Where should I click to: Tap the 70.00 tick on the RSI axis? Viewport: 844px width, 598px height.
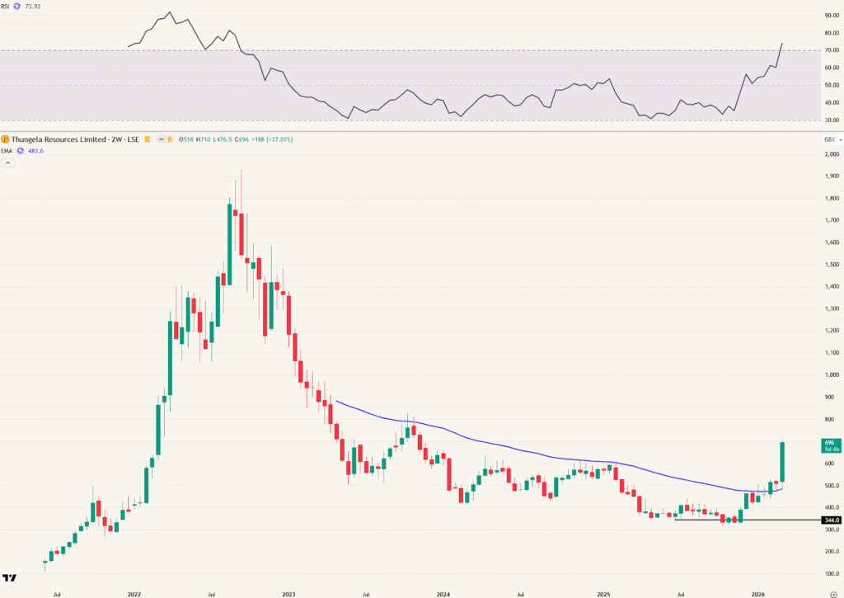pyautogui.click(x=831, y=50)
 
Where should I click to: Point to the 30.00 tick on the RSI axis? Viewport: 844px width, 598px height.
pyautogui.click(x=831, y=120)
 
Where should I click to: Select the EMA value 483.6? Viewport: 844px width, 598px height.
pyautogui.click(x=35, y=150)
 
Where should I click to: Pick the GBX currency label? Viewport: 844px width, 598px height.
pyautogui.click(x=829, y=139)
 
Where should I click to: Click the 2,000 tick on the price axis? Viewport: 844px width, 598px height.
pyautogui.click(x=831, y=154)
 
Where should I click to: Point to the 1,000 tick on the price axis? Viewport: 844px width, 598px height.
pyautogui.click(x=831, y=374)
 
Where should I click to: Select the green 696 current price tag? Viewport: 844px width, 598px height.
pyautogui.click(x=830, y=446)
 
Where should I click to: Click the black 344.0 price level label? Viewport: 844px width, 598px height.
pyautogui.click(x=831, y=520)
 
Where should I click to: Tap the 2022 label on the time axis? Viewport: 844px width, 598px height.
pyautogui.click(x=134, y=593)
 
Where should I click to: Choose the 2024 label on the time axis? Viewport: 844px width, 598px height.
pyautogui.click(x=443, y=593)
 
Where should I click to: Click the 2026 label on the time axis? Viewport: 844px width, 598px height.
pyautogui.click(x=758, y=593)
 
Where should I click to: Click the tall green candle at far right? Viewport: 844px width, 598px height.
pyautogui.click(x=781, y=462)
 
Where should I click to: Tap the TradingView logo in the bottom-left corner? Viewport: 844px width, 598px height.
pyautogui.click(x=10, y=579)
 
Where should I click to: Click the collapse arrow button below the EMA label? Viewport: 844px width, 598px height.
pyautogui.click(x=9, y=162)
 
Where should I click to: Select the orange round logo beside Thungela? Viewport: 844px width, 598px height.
pyautogui.click(x=6, y=139)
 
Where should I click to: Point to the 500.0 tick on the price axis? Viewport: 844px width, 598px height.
pyautogui.click(x=831, y=485)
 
